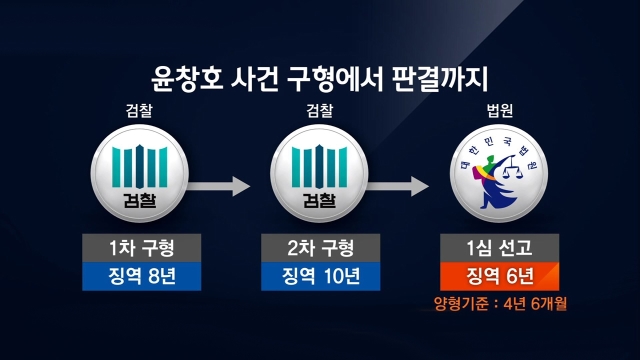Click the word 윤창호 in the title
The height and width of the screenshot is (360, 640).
click(187, 78)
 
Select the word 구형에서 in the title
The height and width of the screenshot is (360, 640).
click(336, 78)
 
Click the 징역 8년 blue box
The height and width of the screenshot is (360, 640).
click(142, 276)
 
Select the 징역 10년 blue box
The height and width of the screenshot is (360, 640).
click(320, 276)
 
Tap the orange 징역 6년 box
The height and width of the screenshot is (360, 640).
click(500, 276)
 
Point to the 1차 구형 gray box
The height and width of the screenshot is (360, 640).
click(142, 248)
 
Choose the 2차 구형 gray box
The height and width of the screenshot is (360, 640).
click(320, 248)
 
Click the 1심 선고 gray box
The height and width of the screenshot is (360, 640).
click(500, 248)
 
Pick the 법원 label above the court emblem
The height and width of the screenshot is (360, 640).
click(500, 110)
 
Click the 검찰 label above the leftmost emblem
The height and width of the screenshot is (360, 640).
click(139, 110)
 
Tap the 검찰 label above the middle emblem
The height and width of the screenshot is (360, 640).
click(320, 110)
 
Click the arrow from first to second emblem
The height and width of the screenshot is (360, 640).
click(219, 186)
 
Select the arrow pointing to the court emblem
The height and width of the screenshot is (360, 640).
click(398, 186)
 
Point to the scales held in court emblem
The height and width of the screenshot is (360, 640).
click(511, 168)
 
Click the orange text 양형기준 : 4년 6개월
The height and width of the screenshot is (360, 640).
click(500, 304)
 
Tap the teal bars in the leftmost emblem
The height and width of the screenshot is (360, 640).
click(140, 166)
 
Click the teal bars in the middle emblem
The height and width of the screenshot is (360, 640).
click(320, 166)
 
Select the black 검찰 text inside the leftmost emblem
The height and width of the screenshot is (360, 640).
click(140, 200)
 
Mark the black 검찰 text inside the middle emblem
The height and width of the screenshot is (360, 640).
click(319, 200)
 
